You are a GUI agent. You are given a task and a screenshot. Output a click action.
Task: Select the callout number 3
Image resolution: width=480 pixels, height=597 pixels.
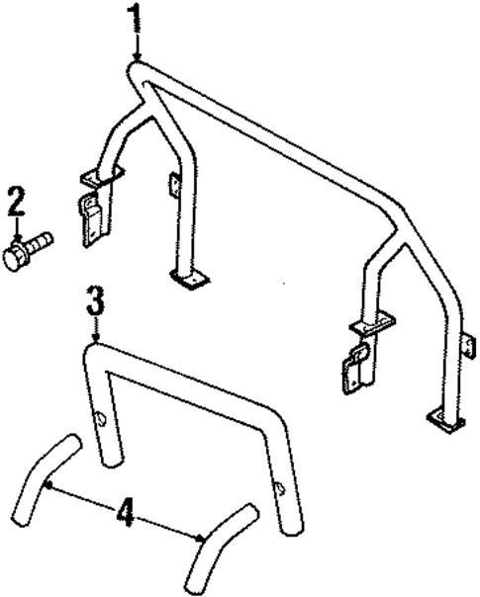94,300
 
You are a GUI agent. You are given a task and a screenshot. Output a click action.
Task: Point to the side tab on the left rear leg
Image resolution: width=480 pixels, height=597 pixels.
174,186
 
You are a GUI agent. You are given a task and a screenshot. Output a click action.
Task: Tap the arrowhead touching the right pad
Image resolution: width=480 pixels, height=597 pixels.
204,538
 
